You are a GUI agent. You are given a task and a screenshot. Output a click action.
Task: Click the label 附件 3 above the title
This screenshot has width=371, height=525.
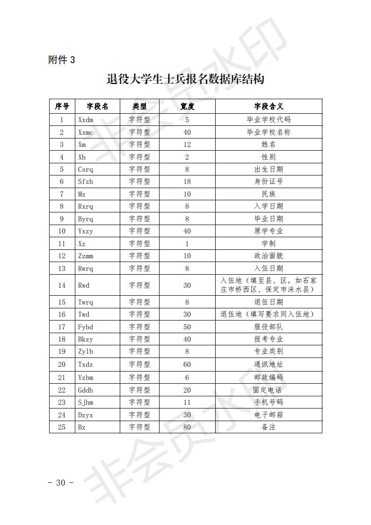(61, 60)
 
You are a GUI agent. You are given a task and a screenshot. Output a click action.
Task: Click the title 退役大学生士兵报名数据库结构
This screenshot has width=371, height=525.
(185, 79)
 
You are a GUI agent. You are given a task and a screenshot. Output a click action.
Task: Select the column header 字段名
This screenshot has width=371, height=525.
(97, 106)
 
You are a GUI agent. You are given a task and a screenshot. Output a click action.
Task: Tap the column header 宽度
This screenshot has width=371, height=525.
(187, 106)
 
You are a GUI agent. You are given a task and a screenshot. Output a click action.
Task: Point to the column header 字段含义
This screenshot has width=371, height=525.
(269, 106)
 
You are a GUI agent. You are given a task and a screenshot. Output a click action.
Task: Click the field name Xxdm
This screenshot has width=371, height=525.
(86, 120)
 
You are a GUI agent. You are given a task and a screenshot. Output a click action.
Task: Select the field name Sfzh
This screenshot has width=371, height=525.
(86, 182)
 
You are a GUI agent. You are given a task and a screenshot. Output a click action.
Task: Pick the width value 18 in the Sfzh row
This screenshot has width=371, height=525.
(187, 182)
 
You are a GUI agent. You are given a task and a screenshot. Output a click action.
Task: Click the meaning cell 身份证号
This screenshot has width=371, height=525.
(269, 182)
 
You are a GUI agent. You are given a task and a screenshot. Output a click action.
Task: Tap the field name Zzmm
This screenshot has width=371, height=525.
(87, 256)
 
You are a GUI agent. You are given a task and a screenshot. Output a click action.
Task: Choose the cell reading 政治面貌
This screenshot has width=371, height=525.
(269, 256)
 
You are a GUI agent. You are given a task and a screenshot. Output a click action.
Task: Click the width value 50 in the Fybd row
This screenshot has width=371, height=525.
(187, 327)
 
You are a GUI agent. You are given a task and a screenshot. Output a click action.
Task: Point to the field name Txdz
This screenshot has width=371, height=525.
(86, 364)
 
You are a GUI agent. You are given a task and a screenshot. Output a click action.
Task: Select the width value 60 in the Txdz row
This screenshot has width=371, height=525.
(187, 364)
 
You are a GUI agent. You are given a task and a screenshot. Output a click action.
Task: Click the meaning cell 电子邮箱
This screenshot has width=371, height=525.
(269, 415)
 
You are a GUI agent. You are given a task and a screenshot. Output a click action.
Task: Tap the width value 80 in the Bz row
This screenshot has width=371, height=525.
(187, 427)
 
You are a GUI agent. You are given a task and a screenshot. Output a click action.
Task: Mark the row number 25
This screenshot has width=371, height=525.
(62, 427)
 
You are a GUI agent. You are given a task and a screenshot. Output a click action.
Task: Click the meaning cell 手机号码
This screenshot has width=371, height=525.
(269, 402)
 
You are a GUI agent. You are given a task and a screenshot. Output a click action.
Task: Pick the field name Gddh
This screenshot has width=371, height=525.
(86, 390)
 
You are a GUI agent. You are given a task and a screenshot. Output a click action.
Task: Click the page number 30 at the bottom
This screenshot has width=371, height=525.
(61, 483)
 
